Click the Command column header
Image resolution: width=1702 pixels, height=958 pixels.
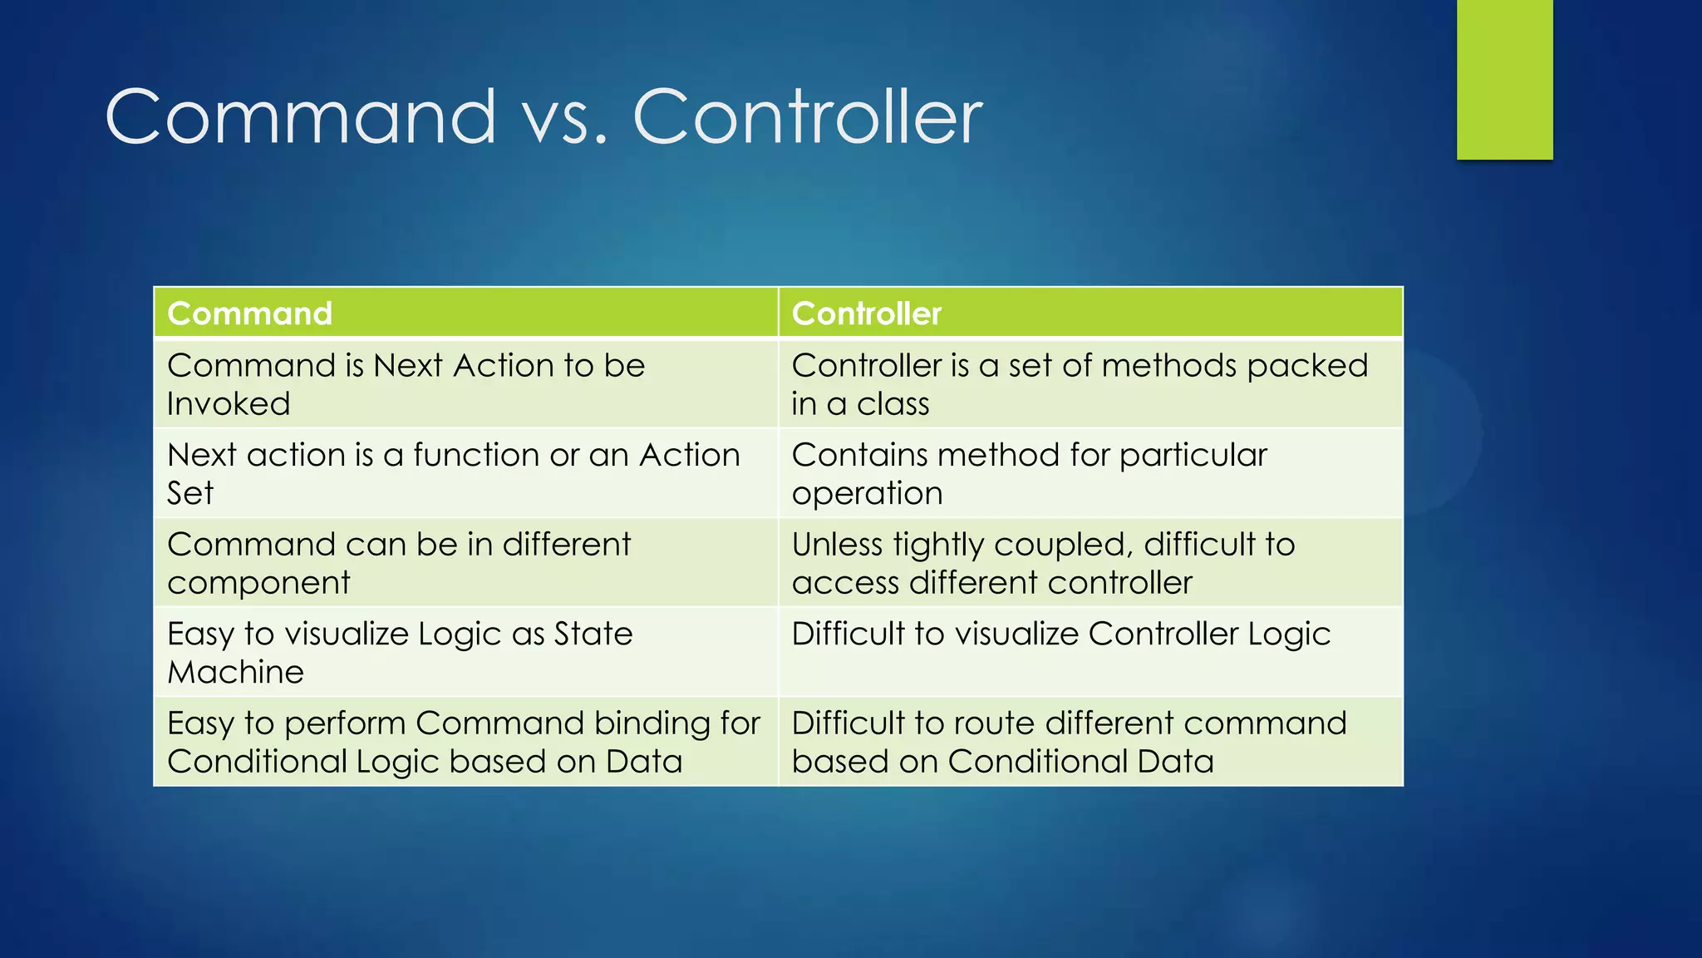[x=249, y=314]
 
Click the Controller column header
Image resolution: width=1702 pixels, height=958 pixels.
[x=866, y=314]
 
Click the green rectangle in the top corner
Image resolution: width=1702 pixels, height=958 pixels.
[x=1504, y=79]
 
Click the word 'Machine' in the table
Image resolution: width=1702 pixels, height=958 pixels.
[x=235, y=672]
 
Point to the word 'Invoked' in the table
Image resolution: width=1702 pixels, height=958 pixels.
[x=229, y=404]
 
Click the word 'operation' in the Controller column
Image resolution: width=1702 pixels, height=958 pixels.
[x=867, y=494]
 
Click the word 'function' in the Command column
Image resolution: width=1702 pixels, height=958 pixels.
[x=475, y=455]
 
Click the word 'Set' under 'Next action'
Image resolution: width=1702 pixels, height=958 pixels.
[x=189, y=493]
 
